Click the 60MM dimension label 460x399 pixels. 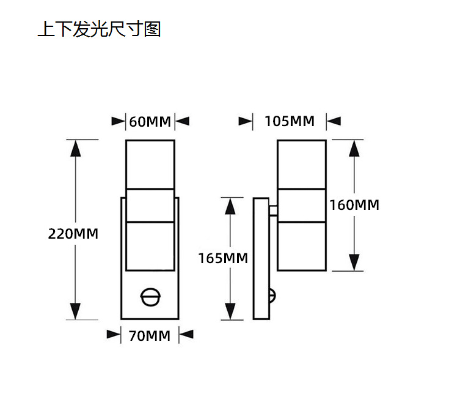150,121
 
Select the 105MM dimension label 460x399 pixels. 290,121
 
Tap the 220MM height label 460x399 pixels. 73,233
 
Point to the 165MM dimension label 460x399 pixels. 222,258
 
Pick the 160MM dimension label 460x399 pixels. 354,205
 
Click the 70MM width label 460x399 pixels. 150,335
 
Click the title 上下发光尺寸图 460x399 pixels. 99,29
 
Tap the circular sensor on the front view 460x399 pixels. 150,297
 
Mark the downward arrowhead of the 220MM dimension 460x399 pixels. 75,310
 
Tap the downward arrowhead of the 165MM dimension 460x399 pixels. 230,311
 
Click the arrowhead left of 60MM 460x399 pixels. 119,121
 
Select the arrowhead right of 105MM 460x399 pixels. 334,121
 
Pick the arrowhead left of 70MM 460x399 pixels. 114,335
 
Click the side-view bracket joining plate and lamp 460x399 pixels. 272,211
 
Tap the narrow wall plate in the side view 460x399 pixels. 260,258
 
